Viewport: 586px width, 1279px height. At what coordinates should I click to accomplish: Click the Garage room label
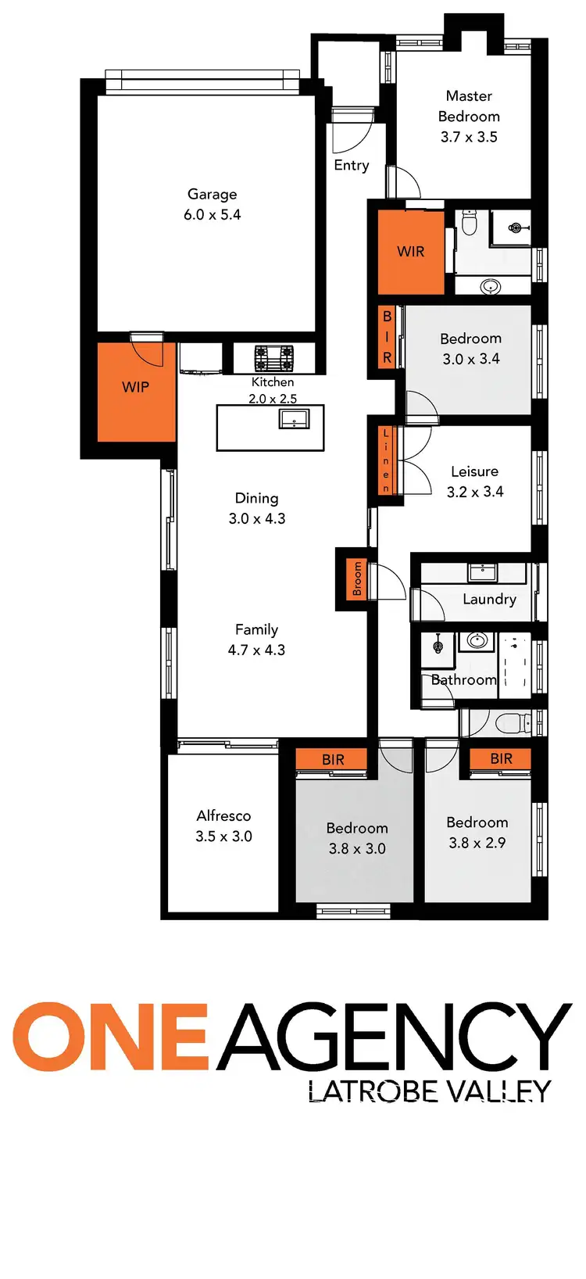(212, 195)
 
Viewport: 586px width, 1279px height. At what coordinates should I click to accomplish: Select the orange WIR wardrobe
(410, 252)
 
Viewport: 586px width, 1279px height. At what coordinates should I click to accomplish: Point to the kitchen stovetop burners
(273, 358)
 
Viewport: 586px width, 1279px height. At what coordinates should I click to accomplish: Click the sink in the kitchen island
(294, 418)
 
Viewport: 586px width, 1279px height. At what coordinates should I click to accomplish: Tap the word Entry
(351, 166)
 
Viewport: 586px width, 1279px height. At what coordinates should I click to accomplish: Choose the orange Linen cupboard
(386, 461)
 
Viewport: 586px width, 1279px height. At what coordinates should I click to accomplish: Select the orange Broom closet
(357, 579)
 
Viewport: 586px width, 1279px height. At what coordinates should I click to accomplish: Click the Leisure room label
(474, 471)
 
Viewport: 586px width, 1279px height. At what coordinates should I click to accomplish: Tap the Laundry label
(489, 600)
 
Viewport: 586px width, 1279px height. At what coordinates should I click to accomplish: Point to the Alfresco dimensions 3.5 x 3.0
(223, 837)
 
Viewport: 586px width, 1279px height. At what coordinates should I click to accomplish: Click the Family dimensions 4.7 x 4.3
(256, 650)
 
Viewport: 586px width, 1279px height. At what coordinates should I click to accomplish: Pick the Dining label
(256, 498)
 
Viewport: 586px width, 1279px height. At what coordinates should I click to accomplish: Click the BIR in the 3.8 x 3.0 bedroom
(333, 760)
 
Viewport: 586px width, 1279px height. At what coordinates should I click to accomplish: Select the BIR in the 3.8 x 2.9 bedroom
(501, 759)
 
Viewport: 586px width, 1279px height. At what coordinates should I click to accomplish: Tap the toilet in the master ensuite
(470, 224)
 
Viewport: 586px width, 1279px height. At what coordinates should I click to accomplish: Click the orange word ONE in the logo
(109, 1037)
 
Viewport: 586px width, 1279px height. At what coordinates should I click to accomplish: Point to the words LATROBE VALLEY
(429, 1091)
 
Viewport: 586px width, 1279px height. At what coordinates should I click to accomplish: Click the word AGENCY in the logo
(394, 1037)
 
